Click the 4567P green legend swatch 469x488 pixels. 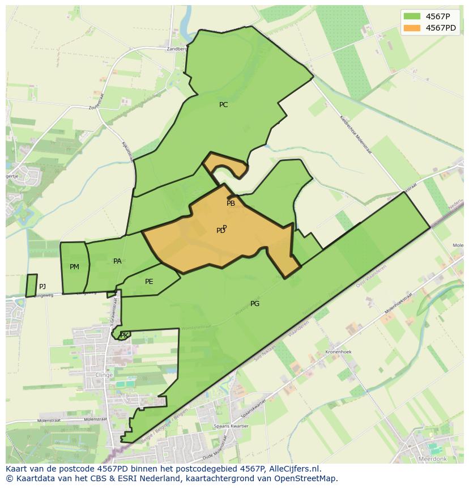click(x=412, y=16)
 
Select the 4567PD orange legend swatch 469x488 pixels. click(x=412, y=28)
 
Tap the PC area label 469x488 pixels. click(x=223, y=105)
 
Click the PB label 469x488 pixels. click(x=231, y=203)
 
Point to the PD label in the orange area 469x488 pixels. click(x=220, y=231)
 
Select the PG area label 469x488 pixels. click(x=255, y=304)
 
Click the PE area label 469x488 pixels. click(x=149, y=282)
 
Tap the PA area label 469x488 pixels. click(x=117, y=261)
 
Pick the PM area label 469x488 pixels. click(x=74, y=267)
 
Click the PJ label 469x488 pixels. click(x=42, y=287)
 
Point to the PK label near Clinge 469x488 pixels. click(x=124, y=336)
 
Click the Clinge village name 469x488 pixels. click(x=104, y=375)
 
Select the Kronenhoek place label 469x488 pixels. click(x=339, y=352)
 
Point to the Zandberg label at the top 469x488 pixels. click(x=176, y=49)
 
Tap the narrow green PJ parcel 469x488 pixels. click(x=31, y=286)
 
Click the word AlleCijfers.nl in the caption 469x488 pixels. click(x=293, y=469)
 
